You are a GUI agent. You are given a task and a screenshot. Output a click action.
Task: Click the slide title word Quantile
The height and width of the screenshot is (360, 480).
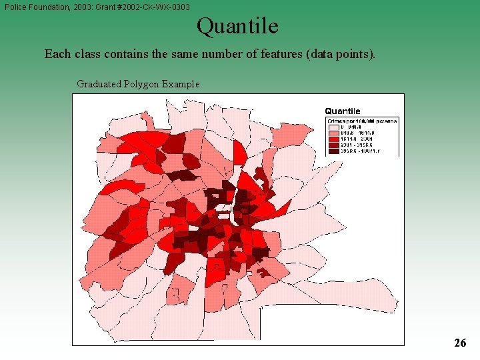pyautogui.click(x=237, y=27)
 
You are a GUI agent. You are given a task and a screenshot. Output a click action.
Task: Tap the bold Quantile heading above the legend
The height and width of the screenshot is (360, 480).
pyautogui.click(x=343, y=111)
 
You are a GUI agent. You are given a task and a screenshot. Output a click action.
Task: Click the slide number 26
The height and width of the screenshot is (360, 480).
pyautogui.click(x=460, y=343)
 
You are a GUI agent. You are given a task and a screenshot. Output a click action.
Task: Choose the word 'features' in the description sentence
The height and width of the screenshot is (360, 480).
pyautogui.click(x=281, y=54)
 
